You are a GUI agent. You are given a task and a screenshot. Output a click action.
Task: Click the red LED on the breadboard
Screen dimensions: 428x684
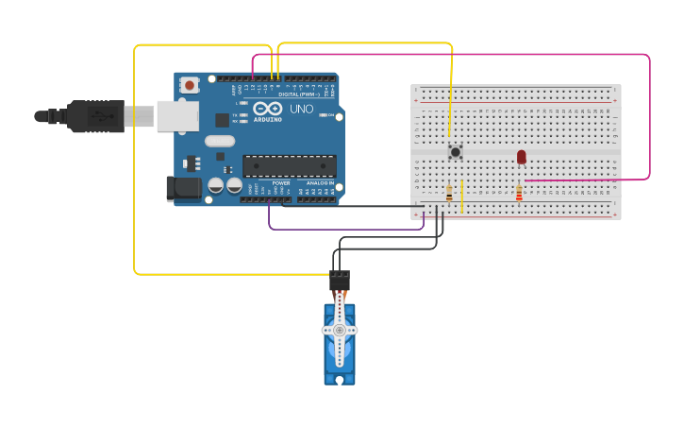521,157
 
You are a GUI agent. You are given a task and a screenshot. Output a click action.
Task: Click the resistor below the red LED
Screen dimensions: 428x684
519,194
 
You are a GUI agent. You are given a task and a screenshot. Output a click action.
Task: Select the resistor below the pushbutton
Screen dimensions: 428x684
448,194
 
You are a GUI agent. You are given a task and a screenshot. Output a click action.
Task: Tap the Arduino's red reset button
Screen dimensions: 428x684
190,85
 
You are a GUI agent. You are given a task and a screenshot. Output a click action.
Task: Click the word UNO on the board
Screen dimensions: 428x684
301,110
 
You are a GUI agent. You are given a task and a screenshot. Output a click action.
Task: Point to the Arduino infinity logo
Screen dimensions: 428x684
268,110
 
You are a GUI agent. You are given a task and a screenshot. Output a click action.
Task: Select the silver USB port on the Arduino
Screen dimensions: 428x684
177,115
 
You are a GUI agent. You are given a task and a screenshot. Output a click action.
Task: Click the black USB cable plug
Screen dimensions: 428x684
94,116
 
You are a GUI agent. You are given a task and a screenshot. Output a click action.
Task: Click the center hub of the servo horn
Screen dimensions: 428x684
340,331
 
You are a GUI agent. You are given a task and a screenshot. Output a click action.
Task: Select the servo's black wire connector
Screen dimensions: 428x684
340,281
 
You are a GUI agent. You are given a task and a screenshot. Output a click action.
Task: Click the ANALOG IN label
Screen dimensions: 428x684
320,182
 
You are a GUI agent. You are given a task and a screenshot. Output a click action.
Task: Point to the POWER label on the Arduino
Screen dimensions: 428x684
281,182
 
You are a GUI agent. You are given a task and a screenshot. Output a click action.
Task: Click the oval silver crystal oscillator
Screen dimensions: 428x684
219,142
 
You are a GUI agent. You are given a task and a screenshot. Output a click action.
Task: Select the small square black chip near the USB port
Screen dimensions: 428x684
222,120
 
